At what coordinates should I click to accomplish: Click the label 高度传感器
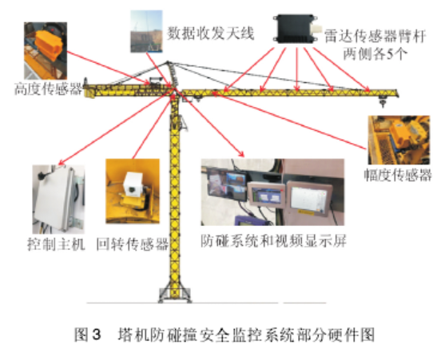(x=48, y=89)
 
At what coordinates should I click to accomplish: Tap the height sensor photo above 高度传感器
(x=46, y=51)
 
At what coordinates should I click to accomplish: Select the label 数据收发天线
(x=210, y=34)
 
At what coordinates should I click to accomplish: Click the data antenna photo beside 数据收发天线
(x=146, y=31)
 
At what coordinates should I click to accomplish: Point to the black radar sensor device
(x=296, y=29)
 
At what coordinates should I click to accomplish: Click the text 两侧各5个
(x=375, y=53)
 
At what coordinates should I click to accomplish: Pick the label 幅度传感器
(x=398, y=175)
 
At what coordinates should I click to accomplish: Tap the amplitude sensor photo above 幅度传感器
(x=399, y=140)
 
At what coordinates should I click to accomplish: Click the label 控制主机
(x=56, y=243)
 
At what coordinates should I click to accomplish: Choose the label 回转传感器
(x=132, y=243)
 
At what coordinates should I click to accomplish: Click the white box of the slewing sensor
(x=133, y=184)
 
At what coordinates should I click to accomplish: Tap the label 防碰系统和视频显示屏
(x=273, y=241)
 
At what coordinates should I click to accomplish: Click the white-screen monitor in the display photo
(x=309, y=198)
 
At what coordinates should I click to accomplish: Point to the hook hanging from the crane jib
(x=382, y=101)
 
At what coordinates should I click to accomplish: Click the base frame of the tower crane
(x=175, y=295)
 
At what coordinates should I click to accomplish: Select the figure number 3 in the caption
(x=96, y=334)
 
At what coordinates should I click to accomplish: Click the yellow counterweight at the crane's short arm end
(x=90, y=92)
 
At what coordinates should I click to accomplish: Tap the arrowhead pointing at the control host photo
(x=61, y=163)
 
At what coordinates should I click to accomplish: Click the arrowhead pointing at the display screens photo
(x=241, y=154)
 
